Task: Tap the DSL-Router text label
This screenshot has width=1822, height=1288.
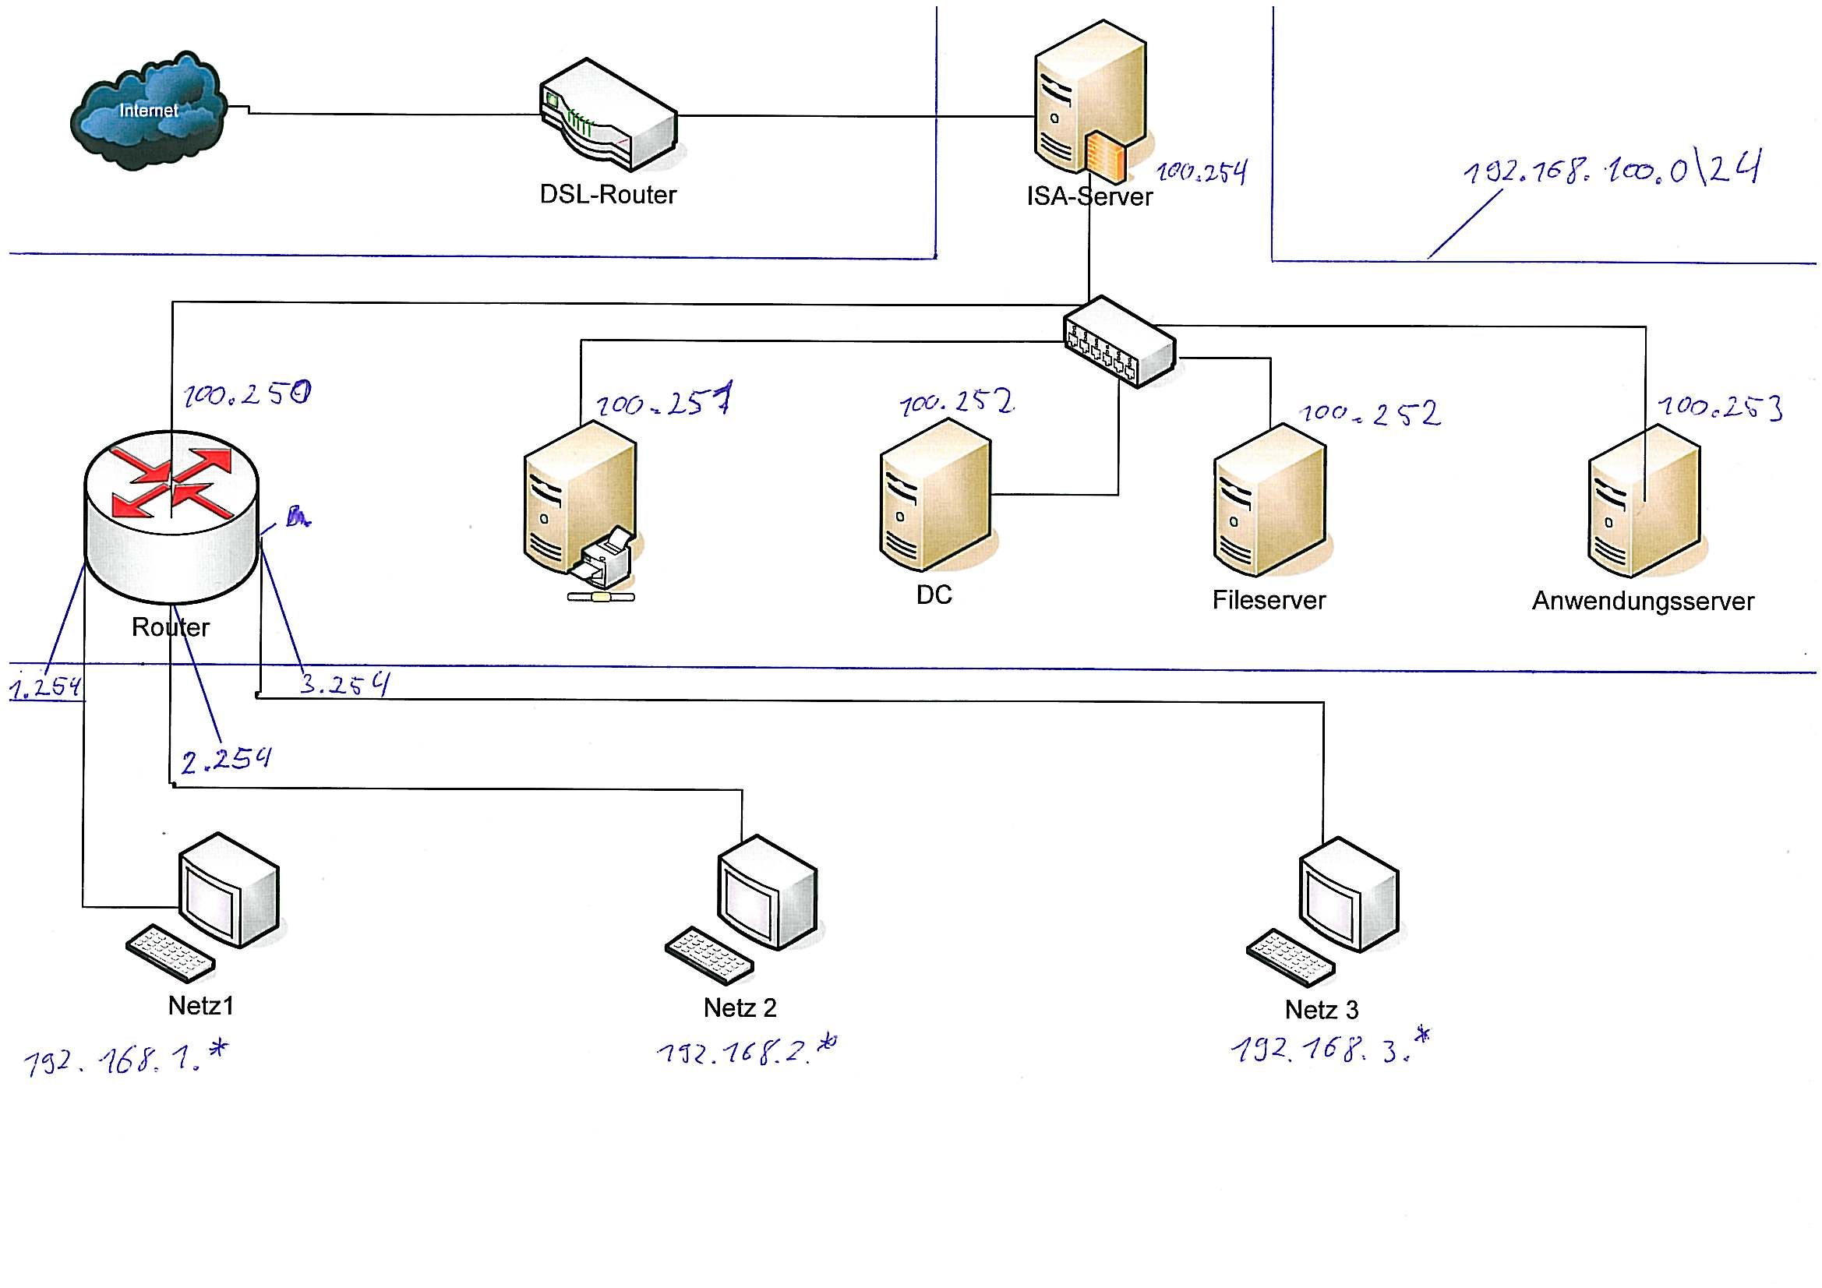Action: pyautogui.click(x=608, y=195)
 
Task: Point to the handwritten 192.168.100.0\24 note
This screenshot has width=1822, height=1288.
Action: pyautogui.click(x=1611, y=170)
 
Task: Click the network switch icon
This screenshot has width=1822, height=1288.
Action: pyautogui.click(x=1119, y=342)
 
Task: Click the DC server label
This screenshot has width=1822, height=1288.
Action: pyautogui.click(x=934, y=595)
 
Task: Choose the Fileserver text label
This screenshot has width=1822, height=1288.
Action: pyautogui.click(x=1268, y=600)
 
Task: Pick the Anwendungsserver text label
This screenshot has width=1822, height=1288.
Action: pyautogui.click(x=1643, y=602)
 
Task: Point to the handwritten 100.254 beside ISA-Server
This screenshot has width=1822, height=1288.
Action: pyautogui.click(x=1202, y=172)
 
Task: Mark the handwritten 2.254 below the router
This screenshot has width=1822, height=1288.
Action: pyautogui.click(x=226, y=760)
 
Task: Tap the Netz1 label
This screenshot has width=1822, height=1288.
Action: pyautogui.click(x=201, y=1005)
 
